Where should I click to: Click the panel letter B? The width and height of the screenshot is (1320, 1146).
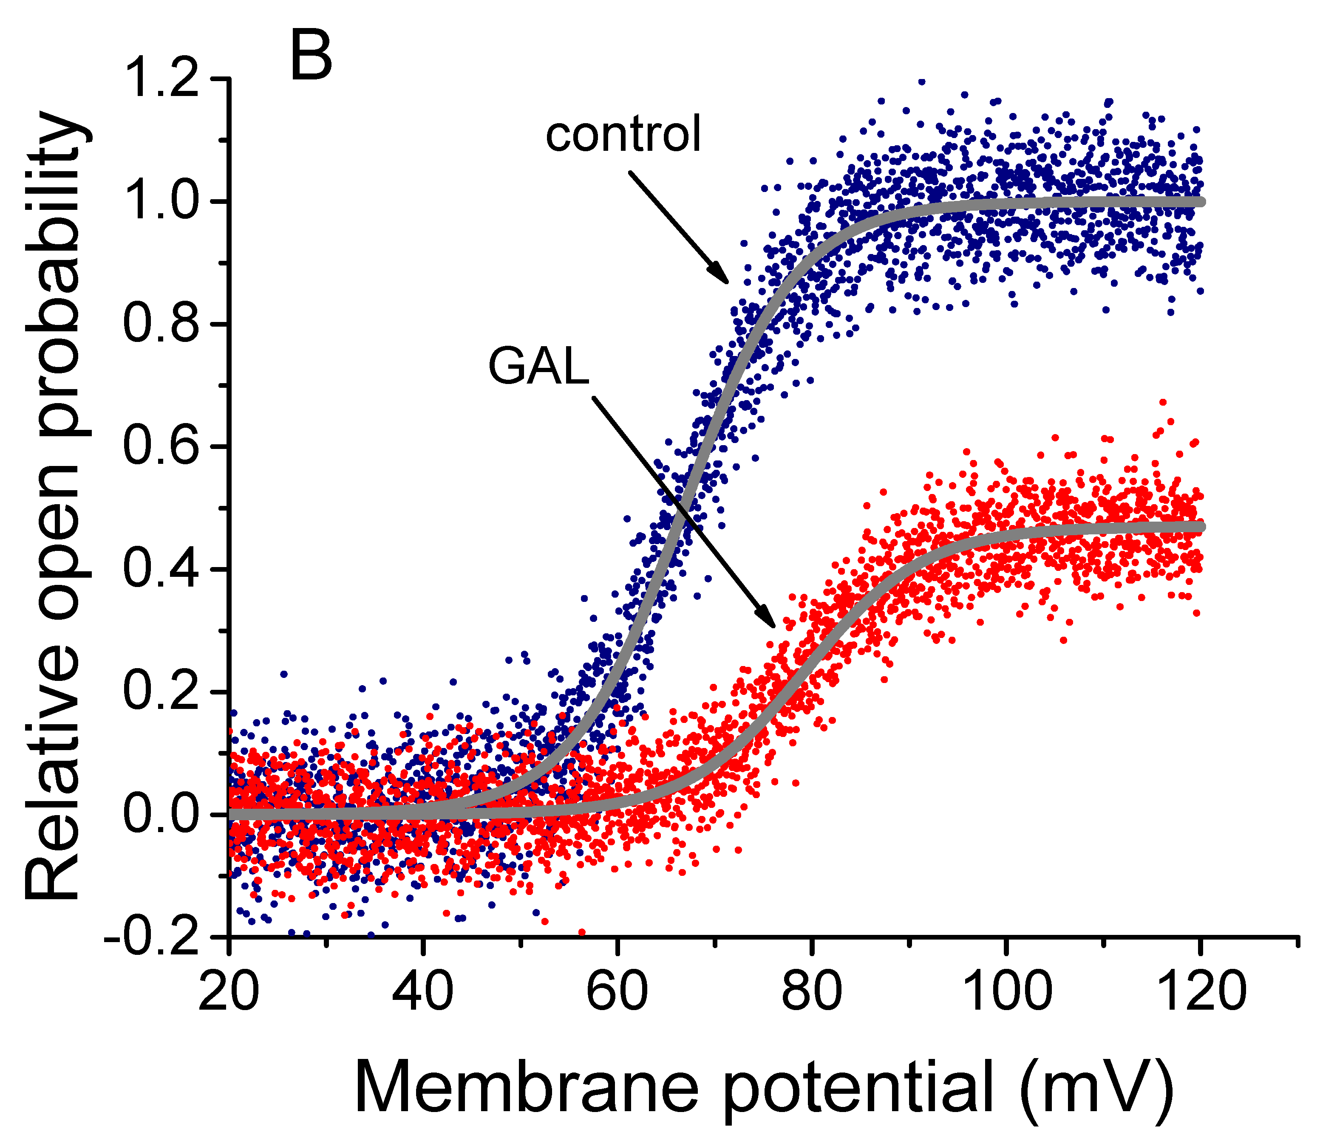tap(311, 56)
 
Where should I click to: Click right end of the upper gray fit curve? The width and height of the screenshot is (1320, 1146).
tap(1200, 201)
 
